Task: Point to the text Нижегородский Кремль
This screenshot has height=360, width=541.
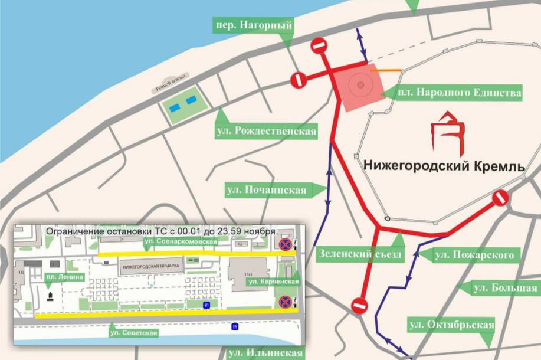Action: (444, 166)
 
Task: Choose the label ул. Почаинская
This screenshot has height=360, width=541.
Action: (266, 189)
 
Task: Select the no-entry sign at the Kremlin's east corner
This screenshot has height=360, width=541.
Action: (500, 198)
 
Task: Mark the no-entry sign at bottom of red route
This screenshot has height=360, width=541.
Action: (359, 305)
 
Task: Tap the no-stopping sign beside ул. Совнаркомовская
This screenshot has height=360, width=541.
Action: (285, 244)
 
